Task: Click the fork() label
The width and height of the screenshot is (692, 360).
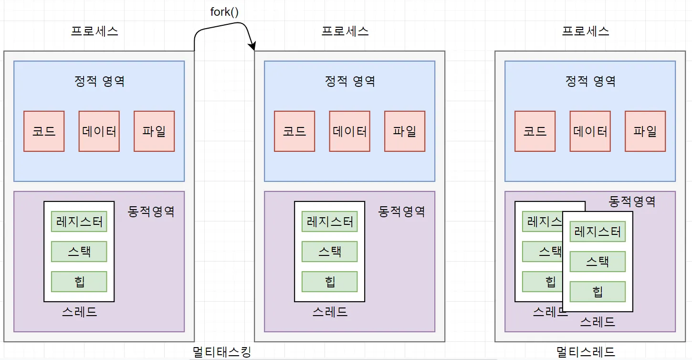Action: click(224, 12)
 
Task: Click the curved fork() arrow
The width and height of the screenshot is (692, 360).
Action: click(224, 30)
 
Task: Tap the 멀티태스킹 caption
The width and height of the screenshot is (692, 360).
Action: click(222, 352)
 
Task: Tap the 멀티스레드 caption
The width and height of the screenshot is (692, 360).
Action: click(586, 352)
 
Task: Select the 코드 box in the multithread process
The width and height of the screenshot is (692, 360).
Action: click(535, 131)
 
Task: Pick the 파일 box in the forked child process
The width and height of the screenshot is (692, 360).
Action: click(405, 131)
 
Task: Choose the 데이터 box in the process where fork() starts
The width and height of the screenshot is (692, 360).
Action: click(99, 131)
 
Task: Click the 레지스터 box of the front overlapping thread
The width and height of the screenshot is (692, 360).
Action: click(598, 232)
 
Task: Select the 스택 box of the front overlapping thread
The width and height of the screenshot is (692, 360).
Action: click(598, 262)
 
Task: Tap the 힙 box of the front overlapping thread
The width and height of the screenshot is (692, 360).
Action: click(598, 291)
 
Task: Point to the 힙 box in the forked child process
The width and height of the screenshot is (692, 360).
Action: click(329, 282)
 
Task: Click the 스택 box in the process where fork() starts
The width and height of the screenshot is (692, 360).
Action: click(79, 252)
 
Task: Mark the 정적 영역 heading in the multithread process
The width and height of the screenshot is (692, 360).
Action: click(590, 81)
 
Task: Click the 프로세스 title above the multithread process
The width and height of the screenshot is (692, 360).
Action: click(586, 32)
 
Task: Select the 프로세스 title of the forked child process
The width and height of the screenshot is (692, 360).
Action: click(345, 32)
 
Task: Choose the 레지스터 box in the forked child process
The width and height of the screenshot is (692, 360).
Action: click(329, 222)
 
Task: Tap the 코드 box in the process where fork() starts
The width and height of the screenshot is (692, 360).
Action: click(44, 131)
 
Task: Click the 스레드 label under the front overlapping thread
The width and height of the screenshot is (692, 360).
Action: click(598, 322)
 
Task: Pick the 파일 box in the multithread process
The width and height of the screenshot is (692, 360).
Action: click(645, 131)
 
